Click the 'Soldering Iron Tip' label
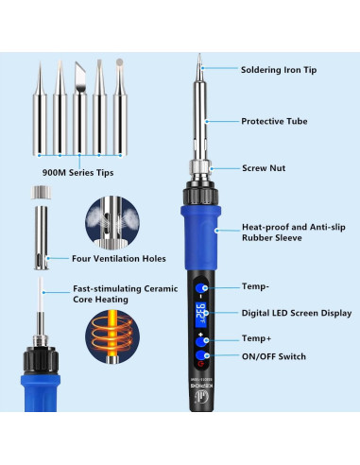(279, 70)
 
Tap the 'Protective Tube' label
(274, 121)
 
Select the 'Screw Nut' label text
(264, 168)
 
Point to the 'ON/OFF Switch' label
(274, 356)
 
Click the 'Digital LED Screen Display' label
(297, 313)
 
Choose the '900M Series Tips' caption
(77, 173)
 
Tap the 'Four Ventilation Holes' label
(119, 259)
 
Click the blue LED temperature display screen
(200, 315)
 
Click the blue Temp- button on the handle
(200, 288)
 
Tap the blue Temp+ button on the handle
(200, 342)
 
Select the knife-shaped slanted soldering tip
(79, 108)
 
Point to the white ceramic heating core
(41, 295)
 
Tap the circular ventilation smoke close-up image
(112, 223)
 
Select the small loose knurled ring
(41, 193)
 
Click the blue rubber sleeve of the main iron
(200, 238)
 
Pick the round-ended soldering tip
(120, 107)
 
